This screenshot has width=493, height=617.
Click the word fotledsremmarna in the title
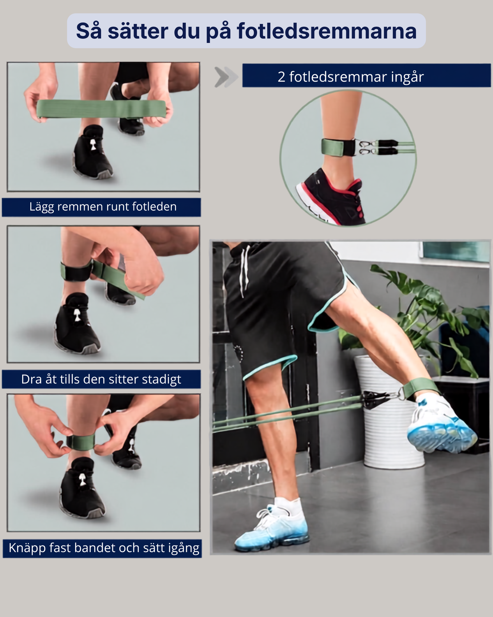pyautogui.click(x=327, y=31)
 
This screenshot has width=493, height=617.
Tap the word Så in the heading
pyautogui.click(x=89, y=30)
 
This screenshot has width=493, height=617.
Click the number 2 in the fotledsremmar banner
pyautogui.click(x=281, y=77)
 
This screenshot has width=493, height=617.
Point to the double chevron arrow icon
pyautogui.click(x=226, y=77)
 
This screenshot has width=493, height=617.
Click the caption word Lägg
pyautogui.click(x=42, y=207)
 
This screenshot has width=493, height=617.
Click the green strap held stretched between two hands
pyautogui.click(x=101, y=109)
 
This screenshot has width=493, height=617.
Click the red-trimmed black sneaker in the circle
pyautogui.click(x=331, y=198)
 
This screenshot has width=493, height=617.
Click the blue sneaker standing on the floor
pyautogui.click(x=272, y=528)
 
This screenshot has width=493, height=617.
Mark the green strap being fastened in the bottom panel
pyautogui.click(x=81, y=442)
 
